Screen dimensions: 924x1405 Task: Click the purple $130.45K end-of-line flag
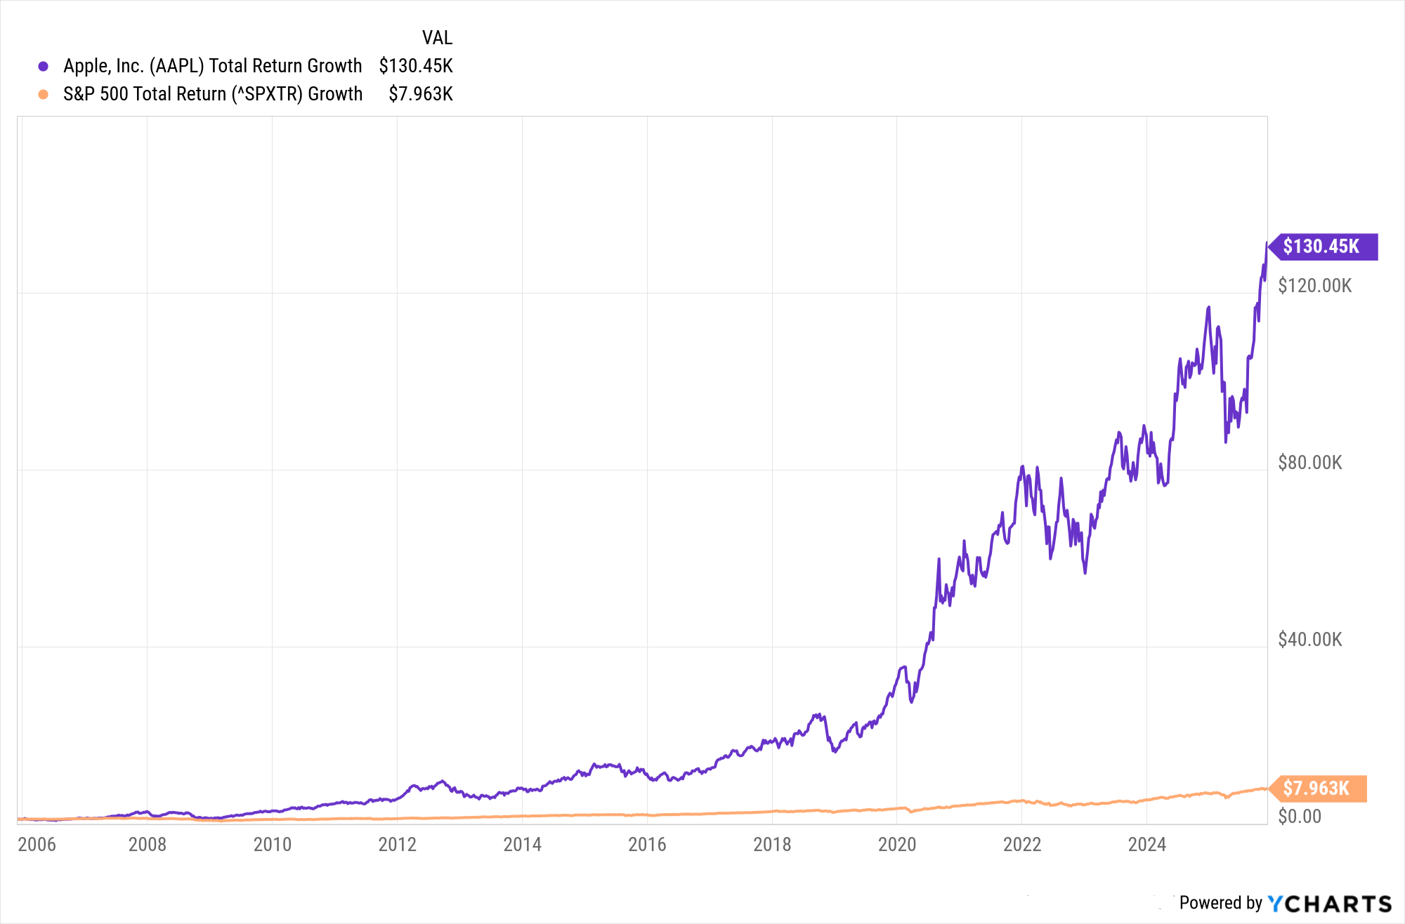click(x=1322, y=246)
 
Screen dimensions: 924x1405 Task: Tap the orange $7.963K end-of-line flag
click(x=1317, y=788)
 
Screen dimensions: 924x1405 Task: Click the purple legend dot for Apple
click(x=44, y=66)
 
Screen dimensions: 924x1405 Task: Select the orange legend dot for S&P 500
click(x=44, y=94)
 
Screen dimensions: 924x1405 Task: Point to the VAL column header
click(x=437, y=37)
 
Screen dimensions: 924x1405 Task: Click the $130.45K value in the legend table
click(x=416, y=66)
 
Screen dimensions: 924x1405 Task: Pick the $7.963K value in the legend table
click(x=421, y=94)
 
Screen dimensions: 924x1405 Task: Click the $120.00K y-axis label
click(x=1314, y=286)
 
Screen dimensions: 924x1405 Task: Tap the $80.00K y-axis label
click(x=1310, y=463)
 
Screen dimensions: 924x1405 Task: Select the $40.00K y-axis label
click(x=1310, y=640)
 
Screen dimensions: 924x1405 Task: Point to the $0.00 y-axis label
click(x=1300, y=817)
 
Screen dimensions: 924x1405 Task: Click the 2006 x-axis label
click(x=37, y=844)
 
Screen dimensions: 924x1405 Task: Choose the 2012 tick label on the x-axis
click(x=398, y=844)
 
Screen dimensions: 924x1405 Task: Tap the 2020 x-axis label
click(x=897, y=844)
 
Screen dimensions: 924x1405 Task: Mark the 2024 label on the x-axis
click(x=1147, y=844)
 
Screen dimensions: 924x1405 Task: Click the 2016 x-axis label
click(x=647, y=844)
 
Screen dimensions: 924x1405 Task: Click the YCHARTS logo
click(x=1329, y=904)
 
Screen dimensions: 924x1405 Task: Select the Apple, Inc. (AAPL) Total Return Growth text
click(x=213, y=66)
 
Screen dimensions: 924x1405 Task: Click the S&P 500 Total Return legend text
click(x=213, y=94)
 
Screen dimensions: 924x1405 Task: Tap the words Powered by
click(x=1221, y=903)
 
